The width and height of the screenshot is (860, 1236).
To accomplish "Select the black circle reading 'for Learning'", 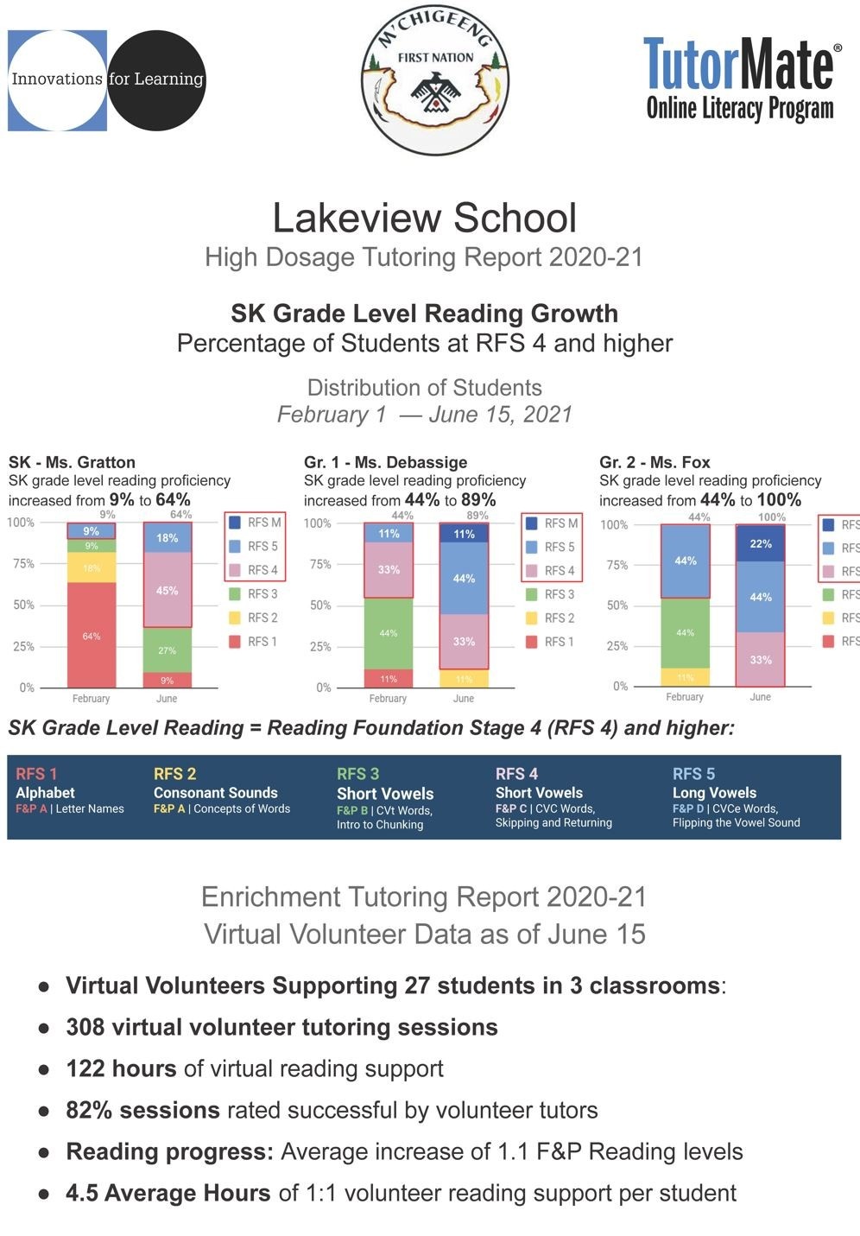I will (156, 79).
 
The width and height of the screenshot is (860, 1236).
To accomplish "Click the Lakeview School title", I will (424, 218).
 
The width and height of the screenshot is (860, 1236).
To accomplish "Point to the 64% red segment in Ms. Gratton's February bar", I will (92, 635).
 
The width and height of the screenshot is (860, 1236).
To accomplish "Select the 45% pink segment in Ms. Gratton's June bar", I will (167, 591).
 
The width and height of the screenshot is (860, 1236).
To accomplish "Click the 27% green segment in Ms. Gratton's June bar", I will (167, 650).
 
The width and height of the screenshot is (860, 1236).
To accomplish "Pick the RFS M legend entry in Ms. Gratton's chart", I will (255, 523).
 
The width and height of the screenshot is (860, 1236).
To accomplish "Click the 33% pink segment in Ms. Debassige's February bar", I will (389, 570).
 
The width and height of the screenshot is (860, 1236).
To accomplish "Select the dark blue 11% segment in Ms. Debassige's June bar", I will (464, 533).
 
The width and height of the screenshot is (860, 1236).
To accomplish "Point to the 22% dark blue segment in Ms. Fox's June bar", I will (760, 543).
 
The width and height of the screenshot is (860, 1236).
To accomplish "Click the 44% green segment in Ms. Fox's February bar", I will (685, 632).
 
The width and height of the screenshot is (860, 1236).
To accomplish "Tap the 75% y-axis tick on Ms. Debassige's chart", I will (320, 564).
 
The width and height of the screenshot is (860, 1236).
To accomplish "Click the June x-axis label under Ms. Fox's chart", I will (760, 697).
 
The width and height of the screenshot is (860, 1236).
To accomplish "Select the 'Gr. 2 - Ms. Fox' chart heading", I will (654, 462).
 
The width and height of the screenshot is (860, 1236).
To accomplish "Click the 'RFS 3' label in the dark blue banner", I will (357, 774).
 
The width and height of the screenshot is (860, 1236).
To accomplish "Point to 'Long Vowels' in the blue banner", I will (714, 793).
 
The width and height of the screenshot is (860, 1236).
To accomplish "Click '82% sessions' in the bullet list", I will (142, 1110).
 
